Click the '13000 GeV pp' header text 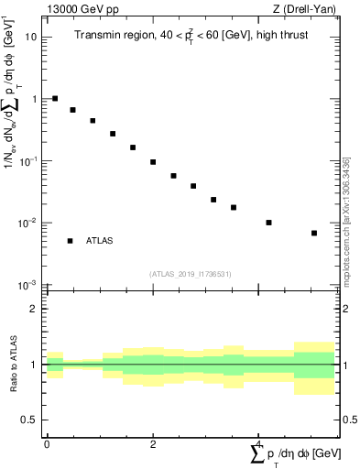pyautogui.click(x=81, y=10)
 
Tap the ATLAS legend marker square pyautogui.click(x=70, y=241)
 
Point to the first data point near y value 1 pyautogui.click(x=55, y=98)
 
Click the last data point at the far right pyautogui.click(x=314, y=233)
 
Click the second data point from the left pyautogui.click(x=72, y=110)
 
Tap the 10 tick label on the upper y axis pyautogui.click(x=31, y=38)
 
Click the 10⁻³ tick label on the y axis pyautogui.click(x=29, y=285)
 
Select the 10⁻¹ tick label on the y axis pyautogui.click(x=29, y=161)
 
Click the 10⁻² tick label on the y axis pyautogui.click(x=29, y=224)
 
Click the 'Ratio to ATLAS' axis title pyautogui.click(x=12, y=365)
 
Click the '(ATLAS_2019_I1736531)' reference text pyautogui.click(x=191, y=273)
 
